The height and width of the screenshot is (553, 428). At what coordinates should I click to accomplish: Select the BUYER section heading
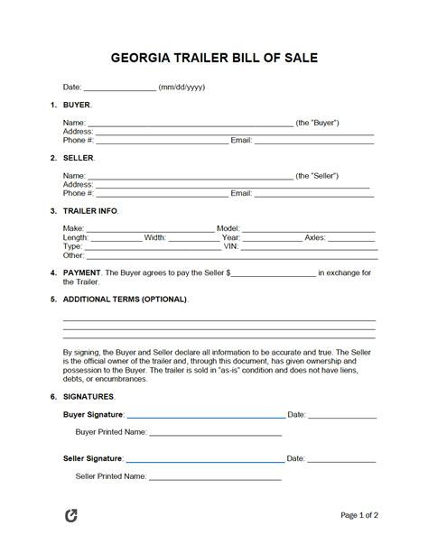(77, 106)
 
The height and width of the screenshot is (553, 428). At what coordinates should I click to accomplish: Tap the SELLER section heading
(79, 158)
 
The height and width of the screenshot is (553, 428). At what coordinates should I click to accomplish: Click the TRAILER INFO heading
(90, 211)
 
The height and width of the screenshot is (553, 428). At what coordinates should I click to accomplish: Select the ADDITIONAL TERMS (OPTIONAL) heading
(126, 299)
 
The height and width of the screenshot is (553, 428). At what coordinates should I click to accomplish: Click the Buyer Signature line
(206, 417)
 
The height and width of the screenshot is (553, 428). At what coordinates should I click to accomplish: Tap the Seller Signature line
(207, 459)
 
